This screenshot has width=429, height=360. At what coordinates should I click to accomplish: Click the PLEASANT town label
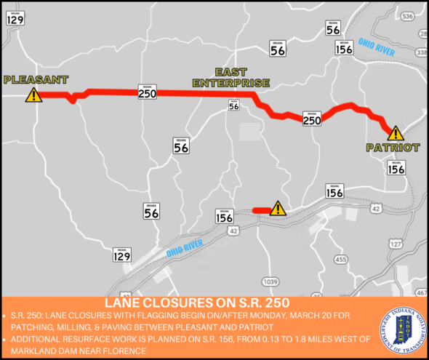pos(35,80)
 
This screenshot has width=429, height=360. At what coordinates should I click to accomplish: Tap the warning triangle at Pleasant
pos(33,95)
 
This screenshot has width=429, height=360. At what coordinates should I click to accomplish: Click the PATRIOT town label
pos(393,147)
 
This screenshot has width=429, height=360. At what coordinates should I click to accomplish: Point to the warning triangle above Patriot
pos(395,133)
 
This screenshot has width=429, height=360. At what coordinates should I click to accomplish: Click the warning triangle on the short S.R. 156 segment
pos(278,209)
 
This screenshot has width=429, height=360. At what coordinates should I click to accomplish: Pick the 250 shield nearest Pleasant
pos(146,92)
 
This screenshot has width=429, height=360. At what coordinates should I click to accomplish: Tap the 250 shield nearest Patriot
pos(311,119)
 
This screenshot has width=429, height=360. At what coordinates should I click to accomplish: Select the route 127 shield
pos(396,245)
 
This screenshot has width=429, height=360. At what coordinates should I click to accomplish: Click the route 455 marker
pos(340,259)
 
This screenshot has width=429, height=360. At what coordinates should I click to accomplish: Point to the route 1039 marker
pos(270,281)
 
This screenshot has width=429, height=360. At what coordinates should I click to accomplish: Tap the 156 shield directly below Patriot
pos(396,168)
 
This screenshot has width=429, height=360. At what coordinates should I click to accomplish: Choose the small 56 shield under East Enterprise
pos(233,105)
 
